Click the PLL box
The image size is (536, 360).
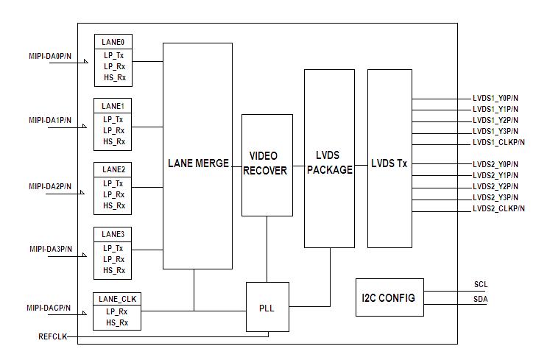[x=267, y=307]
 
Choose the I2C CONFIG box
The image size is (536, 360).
[x=389, y=297]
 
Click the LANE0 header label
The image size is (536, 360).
[x=113, y=43]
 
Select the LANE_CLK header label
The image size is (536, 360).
[x=116, y=299]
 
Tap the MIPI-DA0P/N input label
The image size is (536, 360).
[x=50, y=56]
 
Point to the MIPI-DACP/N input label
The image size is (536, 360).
[x=49, y=308]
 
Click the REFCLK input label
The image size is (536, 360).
[x=53, y=336]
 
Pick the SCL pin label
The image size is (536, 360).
[x=481, y=284]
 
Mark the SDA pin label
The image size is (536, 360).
[x=481, y=299]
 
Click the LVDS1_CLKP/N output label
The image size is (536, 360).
[x=498, y=142]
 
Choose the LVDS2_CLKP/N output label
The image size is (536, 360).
[x=498, y=209]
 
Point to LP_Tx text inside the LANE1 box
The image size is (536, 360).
[x=113, y=119]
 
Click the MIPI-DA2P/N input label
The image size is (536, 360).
[x=50, y=186]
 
